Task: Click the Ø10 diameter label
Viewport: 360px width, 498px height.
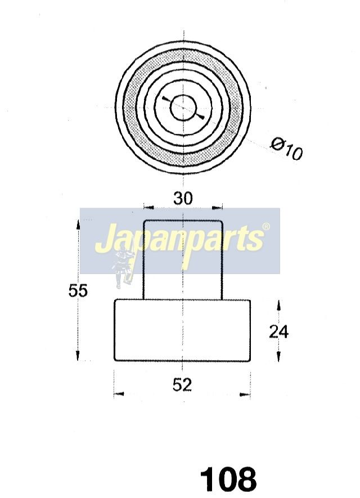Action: click(287, 149)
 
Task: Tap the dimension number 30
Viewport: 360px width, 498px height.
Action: click(183, 199)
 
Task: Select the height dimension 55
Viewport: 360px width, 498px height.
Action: click(78, 290)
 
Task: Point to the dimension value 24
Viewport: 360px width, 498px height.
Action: click(278, 332)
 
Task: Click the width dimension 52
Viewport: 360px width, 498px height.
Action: click(182, 385)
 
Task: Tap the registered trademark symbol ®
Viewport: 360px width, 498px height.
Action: click(266, 226)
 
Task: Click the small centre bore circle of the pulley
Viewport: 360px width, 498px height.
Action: click(183, 107)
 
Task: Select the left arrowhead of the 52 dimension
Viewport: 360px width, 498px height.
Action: click(119, 394)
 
